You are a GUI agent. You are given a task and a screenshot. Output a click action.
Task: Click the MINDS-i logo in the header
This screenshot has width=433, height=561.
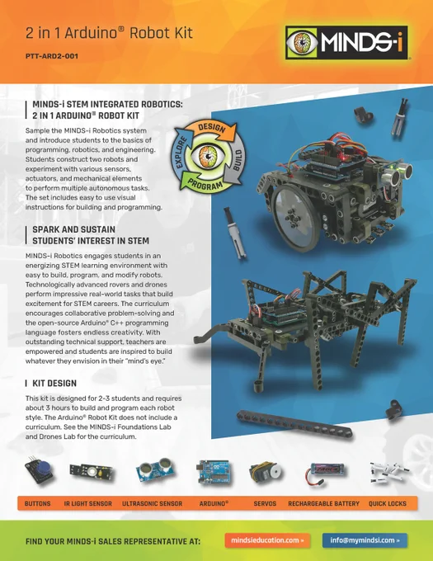(x=346, y=43)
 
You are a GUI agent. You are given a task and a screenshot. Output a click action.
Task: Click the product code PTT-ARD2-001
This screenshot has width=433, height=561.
(x=52, y=56)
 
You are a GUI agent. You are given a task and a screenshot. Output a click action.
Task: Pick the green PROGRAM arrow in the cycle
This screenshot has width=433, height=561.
(x=204, y=182)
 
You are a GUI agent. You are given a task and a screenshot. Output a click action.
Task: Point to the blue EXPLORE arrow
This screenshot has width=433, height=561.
(x=181, y=152)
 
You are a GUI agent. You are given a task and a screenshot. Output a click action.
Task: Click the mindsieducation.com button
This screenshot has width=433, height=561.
(x=267, y=540)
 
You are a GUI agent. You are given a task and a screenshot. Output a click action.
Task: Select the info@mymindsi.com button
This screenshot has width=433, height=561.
(x=365, y=540)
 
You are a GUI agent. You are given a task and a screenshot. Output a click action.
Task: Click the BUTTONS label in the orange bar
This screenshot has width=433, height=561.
(x=38, y=504)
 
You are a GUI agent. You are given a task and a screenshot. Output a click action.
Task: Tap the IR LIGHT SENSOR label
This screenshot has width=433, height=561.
(x=88, y=504)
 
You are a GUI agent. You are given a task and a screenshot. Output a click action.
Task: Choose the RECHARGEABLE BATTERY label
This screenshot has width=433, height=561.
(x=323, y=504)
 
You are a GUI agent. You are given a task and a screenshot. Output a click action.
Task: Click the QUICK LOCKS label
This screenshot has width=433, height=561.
(x=388, y=504)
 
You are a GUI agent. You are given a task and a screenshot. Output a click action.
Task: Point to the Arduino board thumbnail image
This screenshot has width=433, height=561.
(x=213, y=472)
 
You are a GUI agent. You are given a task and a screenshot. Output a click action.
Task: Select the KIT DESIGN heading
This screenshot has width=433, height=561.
(x=54, y=384)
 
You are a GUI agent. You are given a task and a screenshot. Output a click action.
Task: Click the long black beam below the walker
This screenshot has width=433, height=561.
(x=294, y=424)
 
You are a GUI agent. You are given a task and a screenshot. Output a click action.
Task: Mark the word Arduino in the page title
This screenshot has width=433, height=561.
(x=92, y=33)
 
